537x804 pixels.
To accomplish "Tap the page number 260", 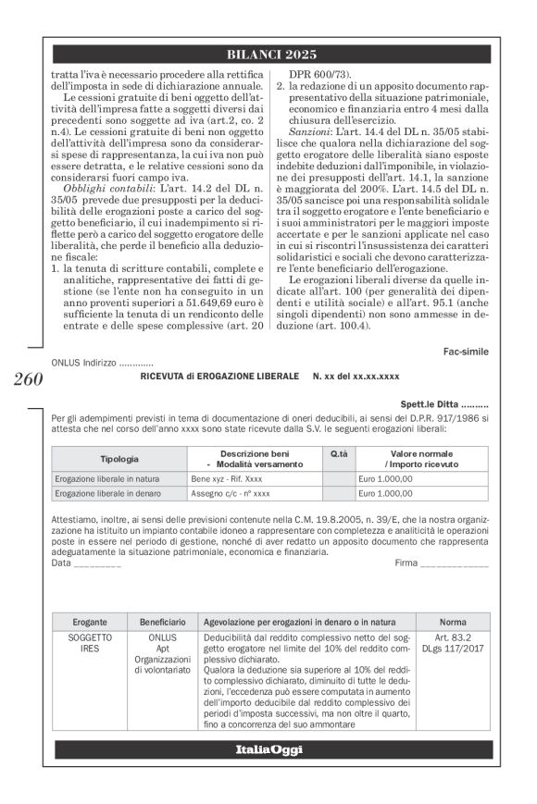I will tap(29, 378).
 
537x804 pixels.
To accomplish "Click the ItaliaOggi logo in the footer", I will tap(268, 749).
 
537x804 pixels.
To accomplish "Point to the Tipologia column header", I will tap(119, 459).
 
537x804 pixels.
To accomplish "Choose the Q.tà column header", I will tap(339, 454).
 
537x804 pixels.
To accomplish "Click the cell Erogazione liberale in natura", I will tap(108, 479).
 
